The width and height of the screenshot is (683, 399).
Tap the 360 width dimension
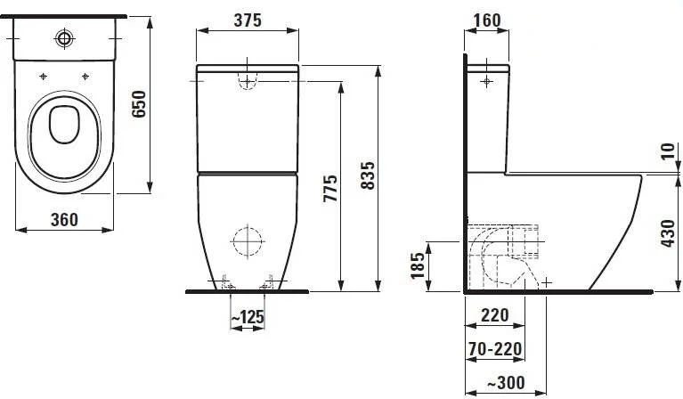(63, 218)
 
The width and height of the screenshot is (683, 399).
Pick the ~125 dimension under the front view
(247, 316)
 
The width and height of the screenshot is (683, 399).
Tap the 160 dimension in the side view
(487, 20)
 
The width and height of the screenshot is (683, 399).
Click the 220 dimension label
(494, 314)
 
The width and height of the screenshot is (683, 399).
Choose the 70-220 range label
(494, 348)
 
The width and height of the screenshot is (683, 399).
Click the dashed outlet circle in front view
(247, 240)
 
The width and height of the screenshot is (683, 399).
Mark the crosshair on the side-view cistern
(486, 83)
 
